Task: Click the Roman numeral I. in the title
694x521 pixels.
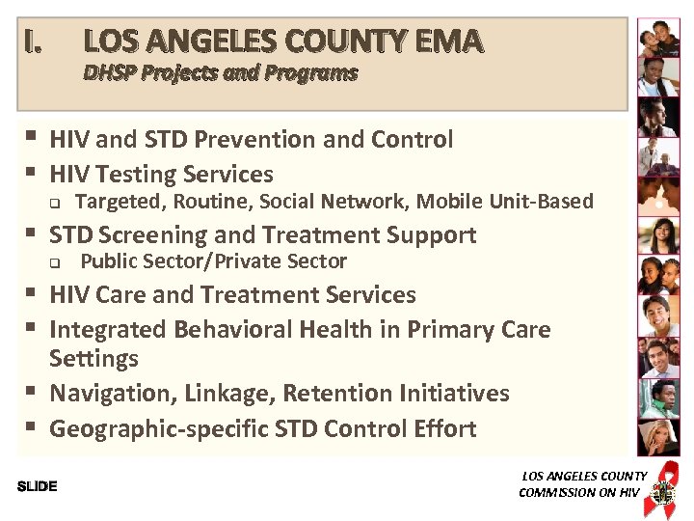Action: [34, 41]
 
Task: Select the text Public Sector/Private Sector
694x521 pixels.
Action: [213, 261]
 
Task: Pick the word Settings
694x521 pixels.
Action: [93, 359]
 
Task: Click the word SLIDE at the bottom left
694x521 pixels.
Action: [37, 486]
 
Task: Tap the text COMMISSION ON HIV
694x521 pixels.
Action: [578, 492]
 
